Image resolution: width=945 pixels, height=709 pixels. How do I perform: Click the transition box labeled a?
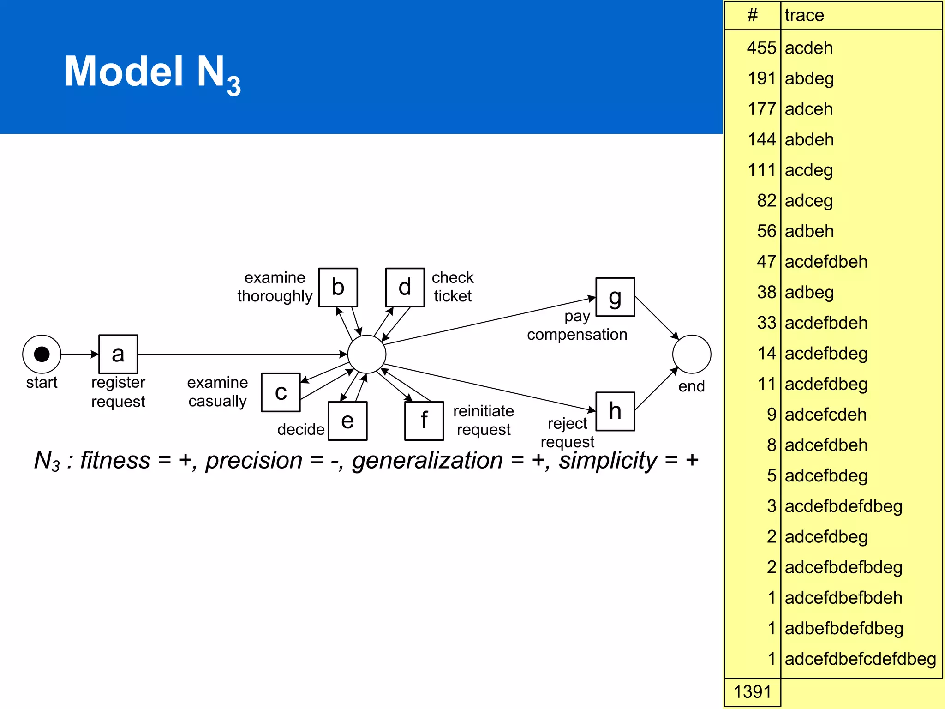pyautogui.click(x=118, y=354)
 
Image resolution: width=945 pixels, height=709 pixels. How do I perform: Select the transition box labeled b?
pyautogui.click(x=338, y=287)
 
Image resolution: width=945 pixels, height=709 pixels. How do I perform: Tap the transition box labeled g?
pyautogui.click(x=615, y=297)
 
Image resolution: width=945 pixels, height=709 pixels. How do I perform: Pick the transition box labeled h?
pyautogui.click(x=615, y=411)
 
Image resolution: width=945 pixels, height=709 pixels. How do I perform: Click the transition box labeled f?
pyautogui.click(x=424, y=421)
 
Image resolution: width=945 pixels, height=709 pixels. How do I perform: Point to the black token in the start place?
pyautogui.click(x=42, y=354)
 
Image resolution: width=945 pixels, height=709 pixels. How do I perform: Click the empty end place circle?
pyautogui.click(x=691, y=354)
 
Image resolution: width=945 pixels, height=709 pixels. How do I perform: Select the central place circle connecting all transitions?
pyautogui.click(x=367, y=354)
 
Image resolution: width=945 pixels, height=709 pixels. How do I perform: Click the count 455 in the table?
pyautogui.click(x=761, y=48)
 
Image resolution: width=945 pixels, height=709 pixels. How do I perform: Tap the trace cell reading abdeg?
pyautogui.click(x=809, y=78)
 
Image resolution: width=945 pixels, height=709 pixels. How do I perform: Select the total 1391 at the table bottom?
pyautogui.click(x=752, y=692)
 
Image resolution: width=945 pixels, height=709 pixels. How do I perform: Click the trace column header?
pyautogui.click(x=804, y=15)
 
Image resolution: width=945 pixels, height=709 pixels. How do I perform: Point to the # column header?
pyautogui.click(x=753, y=15)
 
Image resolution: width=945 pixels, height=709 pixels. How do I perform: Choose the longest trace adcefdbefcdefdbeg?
pyautogui.click(x=860, y=659)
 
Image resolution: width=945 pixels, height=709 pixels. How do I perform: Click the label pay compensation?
pyautogui.click(x=577, y=325)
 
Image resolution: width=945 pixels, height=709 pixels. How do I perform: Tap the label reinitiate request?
pyautogui.click(x=483, y=420)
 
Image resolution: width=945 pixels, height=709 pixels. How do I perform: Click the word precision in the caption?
pyautogui.click(x=254, y=461)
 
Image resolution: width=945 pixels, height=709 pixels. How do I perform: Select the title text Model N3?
pyautogui.click(x=152, y=72)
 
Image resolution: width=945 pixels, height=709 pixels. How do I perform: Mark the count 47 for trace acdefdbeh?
pyautogui.click(x=766, y=262)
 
